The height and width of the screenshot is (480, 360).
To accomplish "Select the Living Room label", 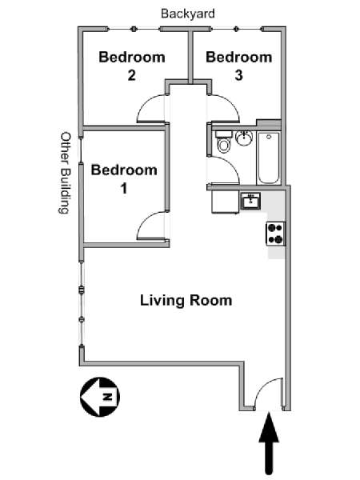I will point(186,301).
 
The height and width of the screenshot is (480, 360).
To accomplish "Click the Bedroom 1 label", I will point(124,178).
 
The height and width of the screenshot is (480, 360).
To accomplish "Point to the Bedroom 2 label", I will point(131,66).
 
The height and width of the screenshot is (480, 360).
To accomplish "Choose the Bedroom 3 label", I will point(238,66).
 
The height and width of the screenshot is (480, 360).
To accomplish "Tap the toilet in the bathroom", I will point(223,144).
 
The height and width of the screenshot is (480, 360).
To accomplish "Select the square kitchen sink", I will point(252,200).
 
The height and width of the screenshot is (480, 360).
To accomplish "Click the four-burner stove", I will point(275,233).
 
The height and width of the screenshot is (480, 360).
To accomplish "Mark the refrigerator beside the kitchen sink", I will point(223,202).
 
